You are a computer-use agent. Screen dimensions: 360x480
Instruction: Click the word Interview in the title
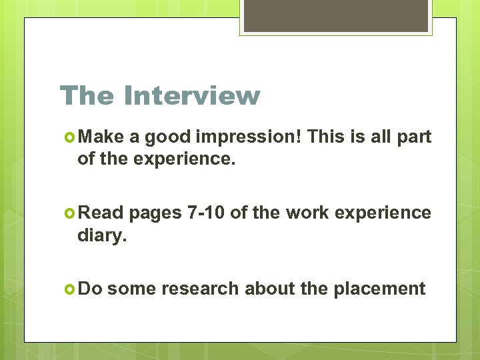pos(191,95)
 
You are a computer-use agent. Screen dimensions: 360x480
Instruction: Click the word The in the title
pos(86,95)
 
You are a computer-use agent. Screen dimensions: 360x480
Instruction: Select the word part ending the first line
pos(414,137)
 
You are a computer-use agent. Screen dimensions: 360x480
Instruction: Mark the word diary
pos(101,235)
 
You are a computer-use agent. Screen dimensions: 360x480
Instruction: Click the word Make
pos(101,137)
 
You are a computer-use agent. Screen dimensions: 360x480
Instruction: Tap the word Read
pos(101,213)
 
